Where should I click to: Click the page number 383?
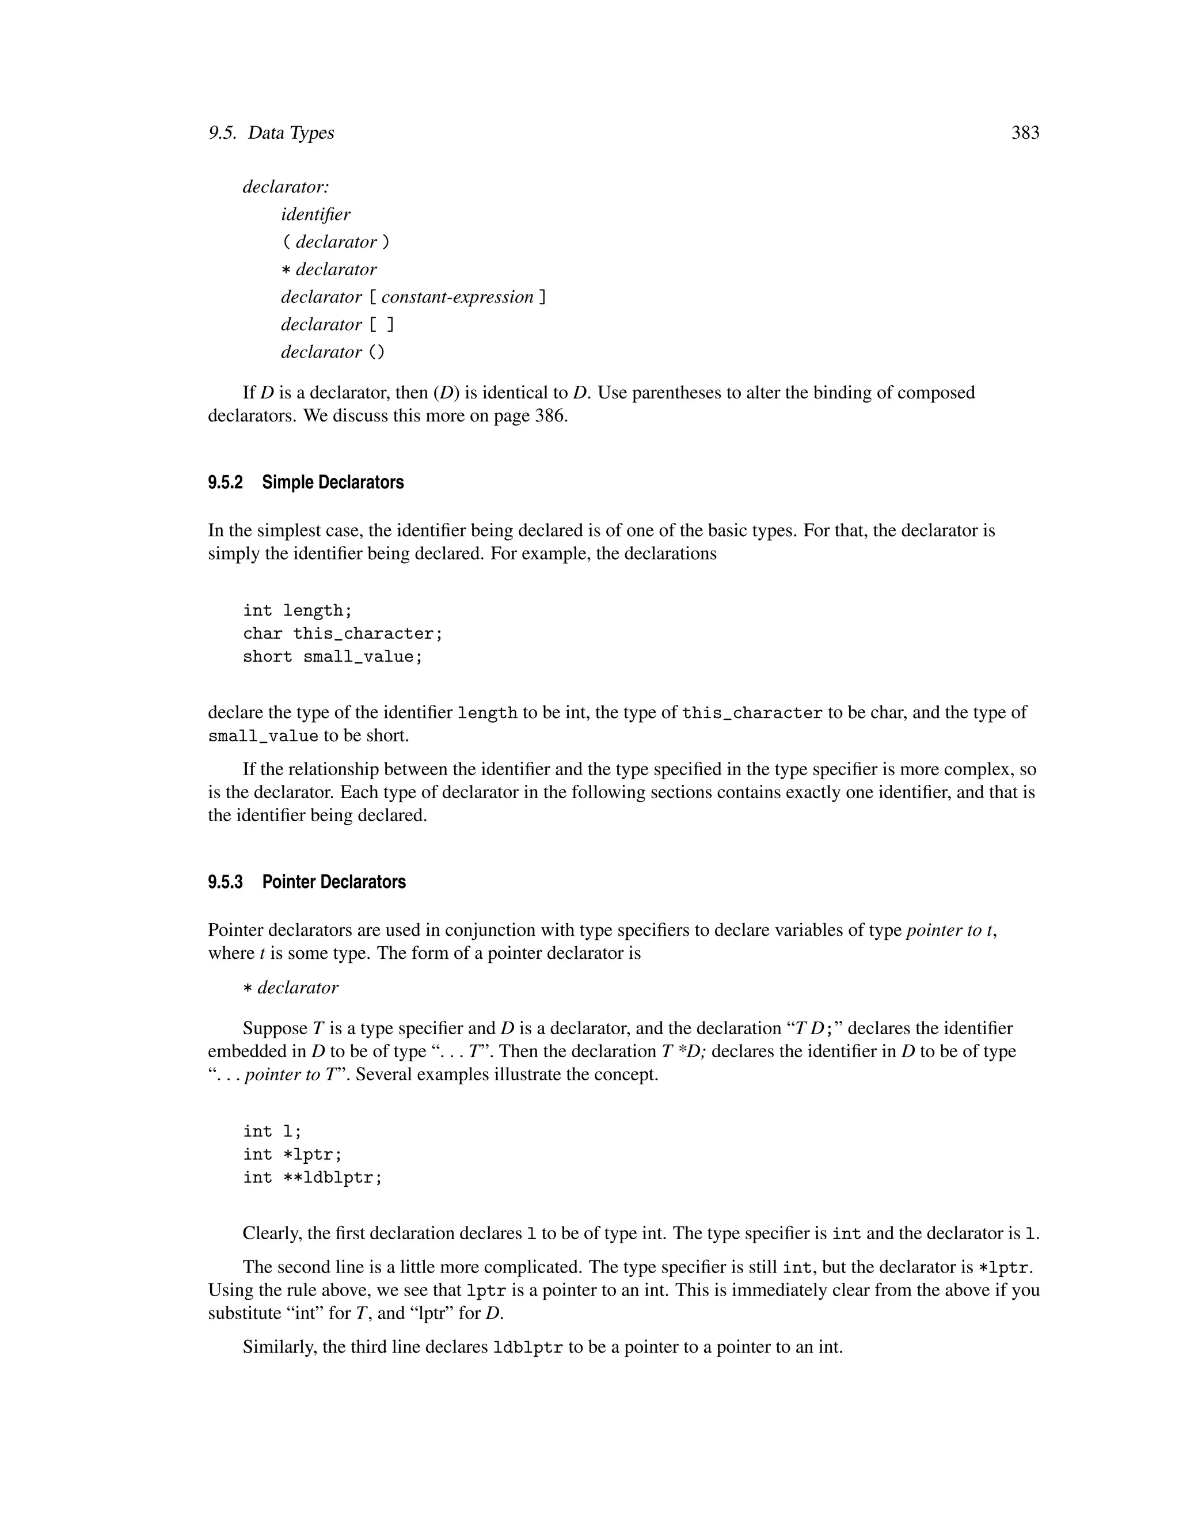point(1025,133)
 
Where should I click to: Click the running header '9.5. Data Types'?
point(271,133)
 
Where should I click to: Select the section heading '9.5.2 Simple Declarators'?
point(305,483)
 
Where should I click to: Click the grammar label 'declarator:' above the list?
point(286,187)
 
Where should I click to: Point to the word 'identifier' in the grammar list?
point(315,215)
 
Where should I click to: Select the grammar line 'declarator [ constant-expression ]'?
point(413,297)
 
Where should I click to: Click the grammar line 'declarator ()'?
point(333,352)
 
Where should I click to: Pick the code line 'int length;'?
point(298,610)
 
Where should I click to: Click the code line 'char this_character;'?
point(343,634)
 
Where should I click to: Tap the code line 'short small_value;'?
point(333,657)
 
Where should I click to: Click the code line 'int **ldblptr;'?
point(312,1178)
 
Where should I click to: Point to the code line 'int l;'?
point(272,1131)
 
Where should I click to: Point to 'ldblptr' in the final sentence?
point(527,1347)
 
